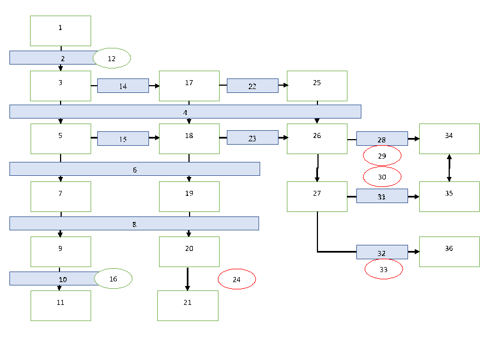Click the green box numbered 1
[61, 31]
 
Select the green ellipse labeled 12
[112, 58]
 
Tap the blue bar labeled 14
[123, 86]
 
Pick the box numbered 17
[189, 86]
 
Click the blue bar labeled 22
[252, 86]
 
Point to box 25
[317, 86]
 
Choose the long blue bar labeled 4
[185, 111]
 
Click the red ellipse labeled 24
[237, 279]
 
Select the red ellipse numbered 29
[382, 156]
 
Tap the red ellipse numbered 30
[382, 176]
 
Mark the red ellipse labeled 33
[384, 269]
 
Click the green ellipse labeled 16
[113, 278]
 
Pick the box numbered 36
[449, 251]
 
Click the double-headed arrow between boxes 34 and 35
[449, 167]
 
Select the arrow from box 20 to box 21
[187, 278]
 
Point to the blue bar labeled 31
[382, 196]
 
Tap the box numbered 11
[61, 305]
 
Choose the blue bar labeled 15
[123, 139]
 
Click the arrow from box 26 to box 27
[317, 167]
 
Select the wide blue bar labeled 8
[134, 223]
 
